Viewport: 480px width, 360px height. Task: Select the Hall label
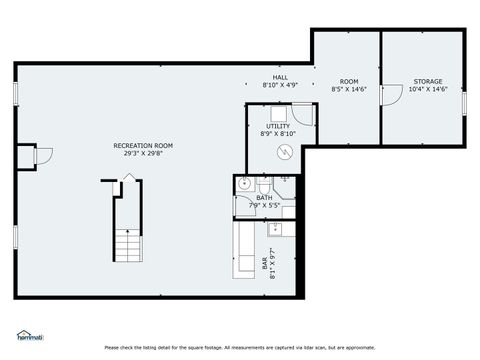pyautogui.click(x=280, y=77)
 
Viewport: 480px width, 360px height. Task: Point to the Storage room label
pyautogui.click(x=427, y=81)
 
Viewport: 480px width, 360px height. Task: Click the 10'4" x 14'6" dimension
pyautogui.click(x=427, y=89)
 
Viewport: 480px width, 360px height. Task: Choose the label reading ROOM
pyautogui.click(x=349, y=81)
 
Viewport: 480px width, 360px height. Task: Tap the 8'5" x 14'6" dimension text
pyautogui.click(x=349, y=89)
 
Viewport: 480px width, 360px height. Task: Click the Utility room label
pyautogui.click(x=277, y=126)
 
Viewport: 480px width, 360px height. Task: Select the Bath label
pyautogui.click(x=264, y=197)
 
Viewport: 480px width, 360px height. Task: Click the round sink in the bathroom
pyautogui.click(x=244, y=184)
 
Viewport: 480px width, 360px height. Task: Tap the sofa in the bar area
pyautogui.click(x=244, y=250)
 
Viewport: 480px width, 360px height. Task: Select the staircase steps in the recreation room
pyautogui.click(x=128, y=244)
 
